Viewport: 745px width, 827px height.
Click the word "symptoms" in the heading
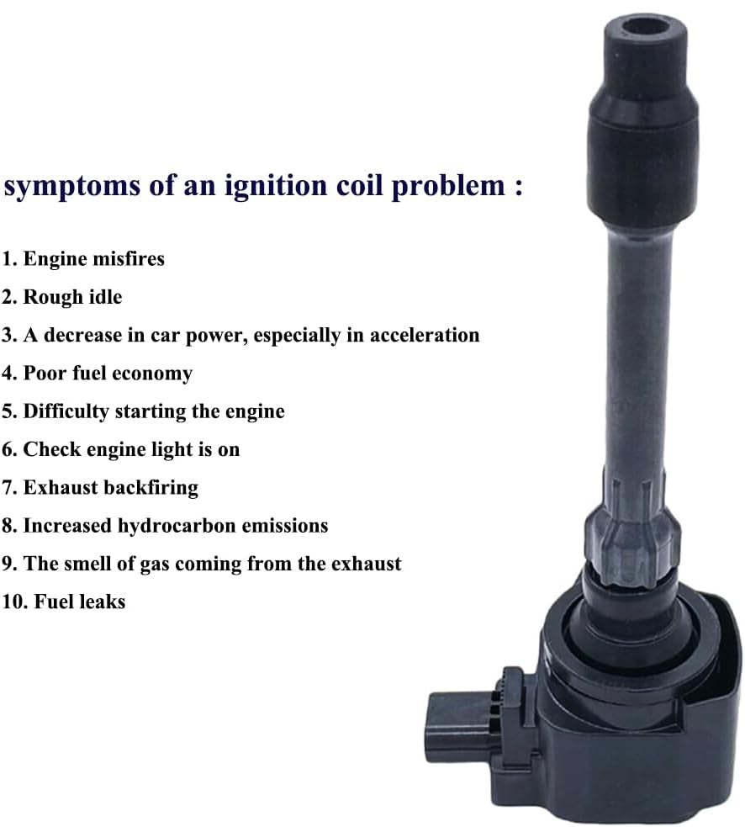pos(72,187)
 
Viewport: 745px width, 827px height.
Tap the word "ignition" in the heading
pos(276,186)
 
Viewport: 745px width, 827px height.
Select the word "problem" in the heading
pos(448,186)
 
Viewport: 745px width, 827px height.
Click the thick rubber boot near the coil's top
pos(642,158)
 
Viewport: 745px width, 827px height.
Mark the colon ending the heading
pos(518,188)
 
